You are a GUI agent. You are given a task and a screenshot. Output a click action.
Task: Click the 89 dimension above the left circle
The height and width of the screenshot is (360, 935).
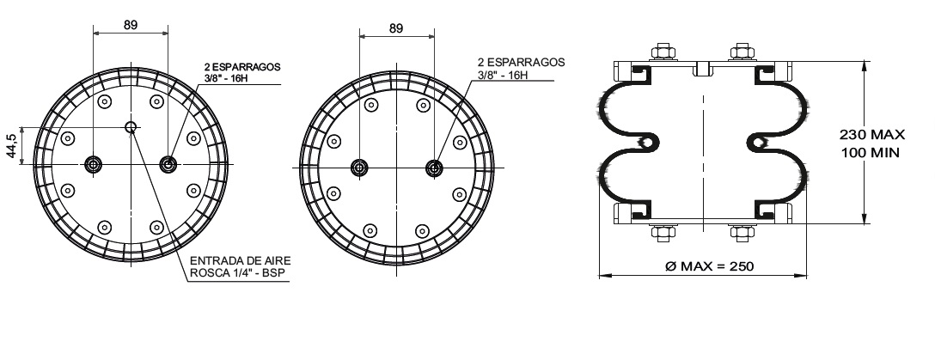(131, 24)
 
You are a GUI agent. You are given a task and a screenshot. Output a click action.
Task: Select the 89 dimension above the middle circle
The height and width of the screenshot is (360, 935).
(396, 28)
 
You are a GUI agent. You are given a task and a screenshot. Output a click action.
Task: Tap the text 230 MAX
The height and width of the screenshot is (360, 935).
(871, 135)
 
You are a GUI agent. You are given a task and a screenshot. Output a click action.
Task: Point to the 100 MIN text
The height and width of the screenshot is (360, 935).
(870, 153)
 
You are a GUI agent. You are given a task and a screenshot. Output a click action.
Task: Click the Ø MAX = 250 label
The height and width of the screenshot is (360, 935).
(709, 265)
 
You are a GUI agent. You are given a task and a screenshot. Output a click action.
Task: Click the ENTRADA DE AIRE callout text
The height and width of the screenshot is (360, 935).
(241, 261)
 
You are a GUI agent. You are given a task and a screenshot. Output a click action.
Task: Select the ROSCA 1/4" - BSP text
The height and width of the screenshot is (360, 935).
(237, 273)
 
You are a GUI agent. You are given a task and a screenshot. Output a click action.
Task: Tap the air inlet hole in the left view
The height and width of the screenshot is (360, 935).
(131, 127)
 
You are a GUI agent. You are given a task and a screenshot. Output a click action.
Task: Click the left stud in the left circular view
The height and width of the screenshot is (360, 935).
(93, 164)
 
